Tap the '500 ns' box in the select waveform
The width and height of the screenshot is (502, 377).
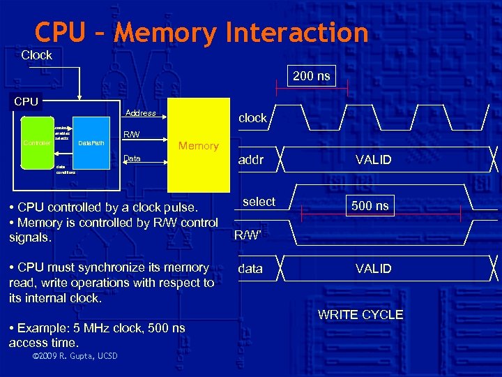(371, 205)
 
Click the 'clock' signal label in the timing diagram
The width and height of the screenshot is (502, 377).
(252, 118)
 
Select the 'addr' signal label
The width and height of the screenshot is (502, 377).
(251, 160)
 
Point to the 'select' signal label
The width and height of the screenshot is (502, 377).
(259, 202)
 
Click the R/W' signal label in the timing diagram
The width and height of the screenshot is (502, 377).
(248, 235)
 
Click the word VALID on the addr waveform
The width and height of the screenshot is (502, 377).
(373, 160)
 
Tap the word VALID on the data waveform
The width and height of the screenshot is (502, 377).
(373, 268)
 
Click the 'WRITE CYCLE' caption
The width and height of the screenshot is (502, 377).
(360, 315)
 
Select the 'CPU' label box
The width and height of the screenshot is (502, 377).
(26, 101)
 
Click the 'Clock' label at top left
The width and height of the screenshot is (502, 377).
(36, 55)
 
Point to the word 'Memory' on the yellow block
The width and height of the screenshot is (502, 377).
(198, 146)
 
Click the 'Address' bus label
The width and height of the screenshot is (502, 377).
(140, 113)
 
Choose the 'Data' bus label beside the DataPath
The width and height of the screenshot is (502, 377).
(131, 159)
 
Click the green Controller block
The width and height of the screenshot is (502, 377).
(36, 143)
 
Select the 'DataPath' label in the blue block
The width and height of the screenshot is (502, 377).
(91, 143)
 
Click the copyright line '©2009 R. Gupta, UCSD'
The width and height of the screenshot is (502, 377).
(75, 357)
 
